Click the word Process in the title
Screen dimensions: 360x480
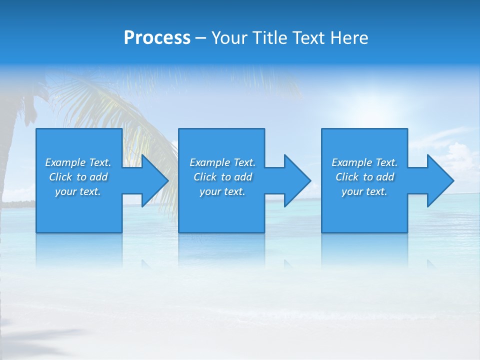(157, 38)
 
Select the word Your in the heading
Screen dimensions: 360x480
(230, 38)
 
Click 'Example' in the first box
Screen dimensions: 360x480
(65, 162)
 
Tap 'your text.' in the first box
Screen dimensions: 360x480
(78, 191)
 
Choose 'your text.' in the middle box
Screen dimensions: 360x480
(222, 191)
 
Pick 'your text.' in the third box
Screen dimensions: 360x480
(364, 191)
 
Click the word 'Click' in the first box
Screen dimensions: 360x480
(60, 177)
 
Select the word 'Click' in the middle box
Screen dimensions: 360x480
(205, 177)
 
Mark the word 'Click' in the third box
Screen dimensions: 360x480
(347, 177)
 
